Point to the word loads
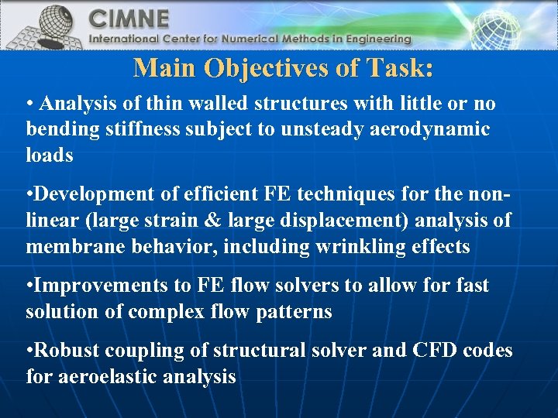point(50,155)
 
